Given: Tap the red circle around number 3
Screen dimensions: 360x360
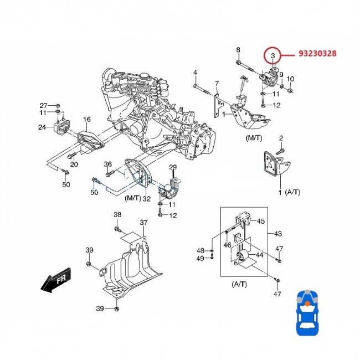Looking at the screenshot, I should click(x=273, y=56).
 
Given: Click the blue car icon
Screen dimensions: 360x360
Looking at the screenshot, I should click(x=310, y=313).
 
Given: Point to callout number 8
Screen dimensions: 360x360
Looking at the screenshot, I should click(x=238, y=50).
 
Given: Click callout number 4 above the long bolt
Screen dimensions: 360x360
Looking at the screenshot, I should click(x=195, y=73).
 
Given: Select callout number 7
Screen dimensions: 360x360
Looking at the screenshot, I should click(x=217, y=84).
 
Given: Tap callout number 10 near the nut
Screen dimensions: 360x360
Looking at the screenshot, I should click(x=291, y=79).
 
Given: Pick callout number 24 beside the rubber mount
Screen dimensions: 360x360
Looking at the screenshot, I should click(x=42, y=127).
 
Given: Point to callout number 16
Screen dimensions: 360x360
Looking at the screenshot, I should click(x=87, y=119).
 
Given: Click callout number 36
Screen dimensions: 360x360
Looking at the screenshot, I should click(x=108, y=164).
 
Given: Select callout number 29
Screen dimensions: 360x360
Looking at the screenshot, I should click(x=172, y=167).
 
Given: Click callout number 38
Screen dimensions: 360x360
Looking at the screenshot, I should click(x=117, y=214).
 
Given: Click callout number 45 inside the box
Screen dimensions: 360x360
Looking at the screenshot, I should click(x=261, y=221).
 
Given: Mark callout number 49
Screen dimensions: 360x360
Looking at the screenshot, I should click(x=200, y=258).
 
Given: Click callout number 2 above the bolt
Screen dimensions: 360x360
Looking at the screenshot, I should click(x=281, y=137).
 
